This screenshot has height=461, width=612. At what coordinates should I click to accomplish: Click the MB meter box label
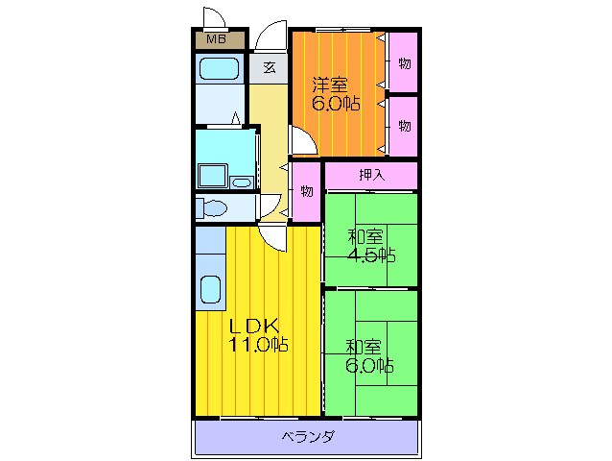pos(216,39)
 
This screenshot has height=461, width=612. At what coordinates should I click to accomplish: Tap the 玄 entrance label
pos(270,67)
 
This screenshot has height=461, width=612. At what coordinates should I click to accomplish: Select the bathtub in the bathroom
pos(219,69)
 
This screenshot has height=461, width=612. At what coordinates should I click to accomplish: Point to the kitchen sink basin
pos(210,290)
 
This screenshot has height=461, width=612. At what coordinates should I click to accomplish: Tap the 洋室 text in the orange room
pos(329,85)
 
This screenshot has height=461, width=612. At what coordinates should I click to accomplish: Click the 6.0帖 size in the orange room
pos(336,104)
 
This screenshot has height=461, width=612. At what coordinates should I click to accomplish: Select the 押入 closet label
pos(372,175)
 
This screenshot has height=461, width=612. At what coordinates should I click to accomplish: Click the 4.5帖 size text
pos(371,255)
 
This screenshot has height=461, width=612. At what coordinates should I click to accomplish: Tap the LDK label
pos(253,325)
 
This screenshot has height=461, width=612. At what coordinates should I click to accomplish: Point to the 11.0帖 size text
pos(258,345)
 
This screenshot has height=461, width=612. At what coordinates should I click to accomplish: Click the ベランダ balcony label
pos(308,436)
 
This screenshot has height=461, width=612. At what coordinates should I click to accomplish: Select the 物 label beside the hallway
pos(307,191)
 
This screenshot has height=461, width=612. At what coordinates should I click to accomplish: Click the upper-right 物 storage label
pos(405,63)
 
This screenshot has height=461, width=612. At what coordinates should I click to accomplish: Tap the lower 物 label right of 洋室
pos(405,126)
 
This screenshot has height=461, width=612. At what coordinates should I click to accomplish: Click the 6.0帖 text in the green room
pos(369,366)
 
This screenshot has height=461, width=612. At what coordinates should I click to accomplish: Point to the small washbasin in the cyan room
pos(242,182)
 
